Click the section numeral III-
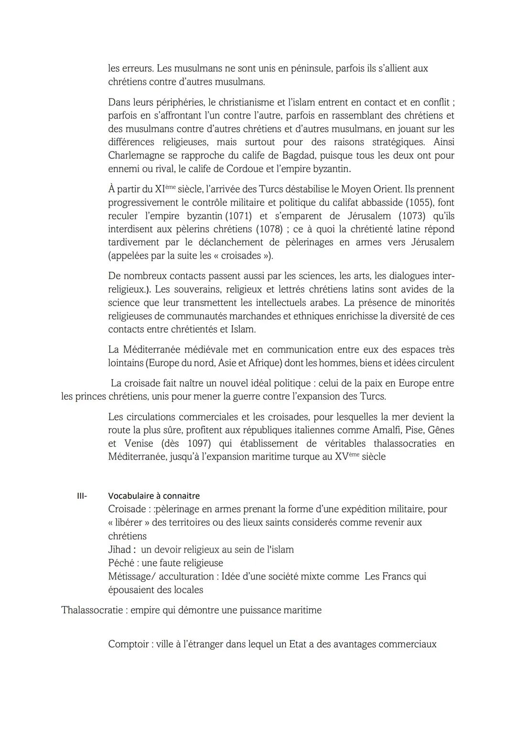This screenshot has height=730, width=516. click(82, 496)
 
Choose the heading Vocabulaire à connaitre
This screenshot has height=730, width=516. click(154, 496)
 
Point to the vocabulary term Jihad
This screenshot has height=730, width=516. click(119, 549)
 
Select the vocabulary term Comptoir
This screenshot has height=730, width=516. click(129, 644)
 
